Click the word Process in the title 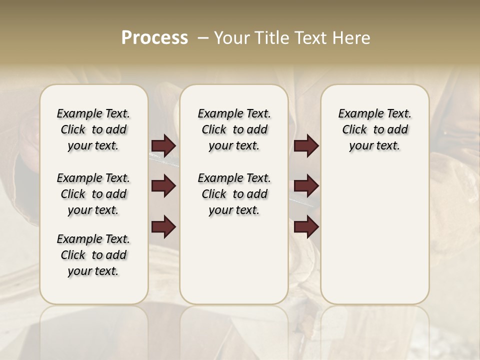click(154, 38)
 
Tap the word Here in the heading click(352, 38)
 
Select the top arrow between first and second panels click(163, 145)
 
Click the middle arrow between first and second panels click(163, 186)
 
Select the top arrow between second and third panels click(306, 145)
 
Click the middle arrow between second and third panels click(306, 186)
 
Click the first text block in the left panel click(93, 129)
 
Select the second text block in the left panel click(93, 194)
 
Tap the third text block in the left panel click(93, 255)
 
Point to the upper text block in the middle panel click(234, 129)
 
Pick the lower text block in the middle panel click(234, 194)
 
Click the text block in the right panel click(374, 129)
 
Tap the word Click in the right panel click(354, 130)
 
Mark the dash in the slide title click(203, 38)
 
